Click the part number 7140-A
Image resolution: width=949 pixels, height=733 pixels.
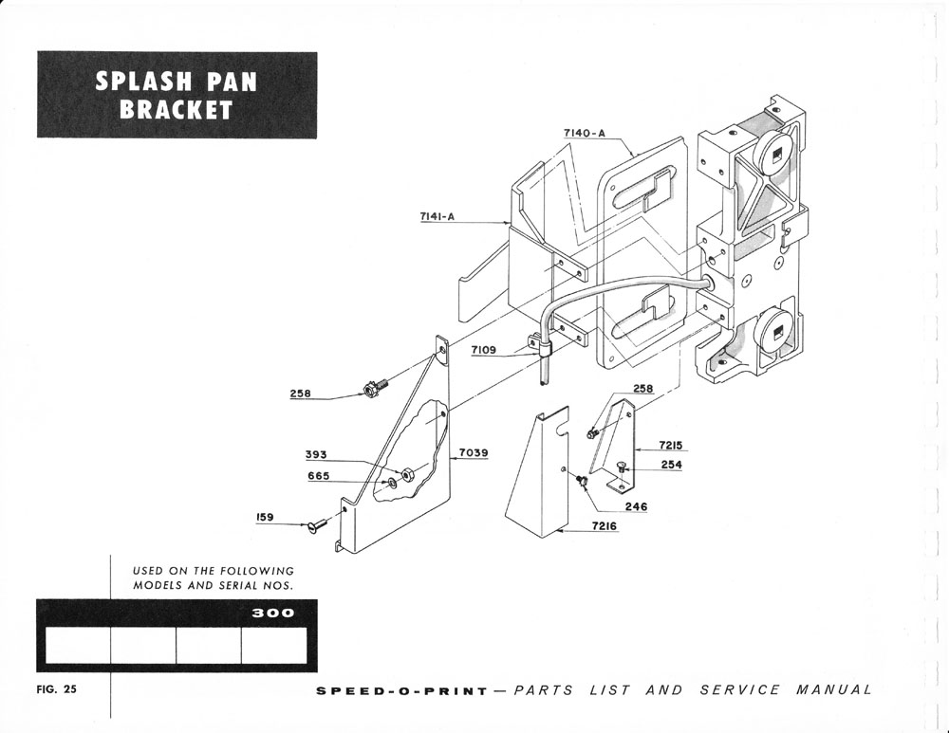(585, 134)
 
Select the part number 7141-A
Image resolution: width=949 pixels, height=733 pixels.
(437, 217)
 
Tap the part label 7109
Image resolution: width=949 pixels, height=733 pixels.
(483, 351)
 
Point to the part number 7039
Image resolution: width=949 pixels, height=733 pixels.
(474, 453)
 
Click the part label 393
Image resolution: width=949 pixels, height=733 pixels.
(316, 455)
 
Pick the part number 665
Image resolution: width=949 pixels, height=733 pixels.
(318, 476)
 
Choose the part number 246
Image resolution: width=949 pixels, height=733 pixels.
(636, 506)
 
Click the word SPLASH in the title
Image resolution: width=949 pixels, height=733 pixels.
(140, 82)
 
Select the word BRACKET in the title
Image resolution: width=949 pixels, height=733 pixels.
(177, 109)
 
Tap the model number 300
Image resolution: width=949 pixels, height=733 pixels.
(273, 613)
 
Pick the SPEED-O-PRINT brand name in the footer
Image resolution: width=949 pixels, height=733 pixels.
(402, 690)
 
